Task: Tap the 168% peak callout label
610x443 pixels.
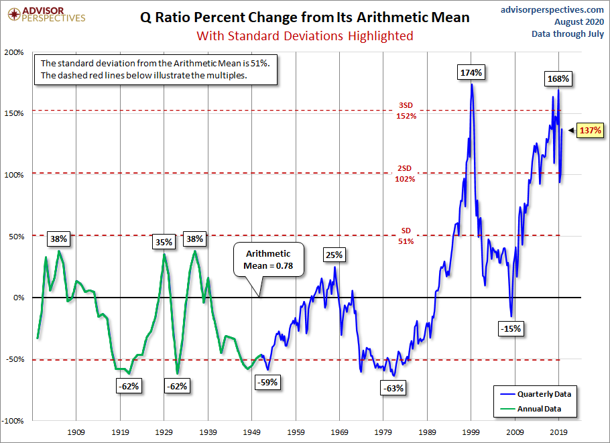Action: [x=557, y=79]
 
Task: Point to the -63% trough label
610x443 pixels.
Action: [x=393, y=387]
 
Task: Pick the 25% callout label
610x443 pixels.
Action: [x=334, y=255]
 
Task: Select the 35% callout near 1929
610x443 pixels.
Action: [x=165, y=242]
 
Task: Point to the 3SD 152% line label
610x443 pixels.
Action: [x=406, y=111]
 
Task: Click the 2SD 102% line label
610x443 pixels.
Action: [x=406, y=174]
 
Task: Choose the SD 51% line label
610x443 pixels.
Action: [x=405, y=236]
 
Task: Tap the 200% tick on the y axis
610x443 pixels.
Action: [x=15, y=52]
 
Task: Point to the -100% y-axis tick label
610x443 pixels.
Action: [x=13, y=421]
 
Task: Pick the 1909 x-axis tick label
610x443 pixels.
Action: [x=76, y=432]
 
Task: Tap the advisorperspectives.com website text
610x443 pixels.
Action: [x=552, y=9]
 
